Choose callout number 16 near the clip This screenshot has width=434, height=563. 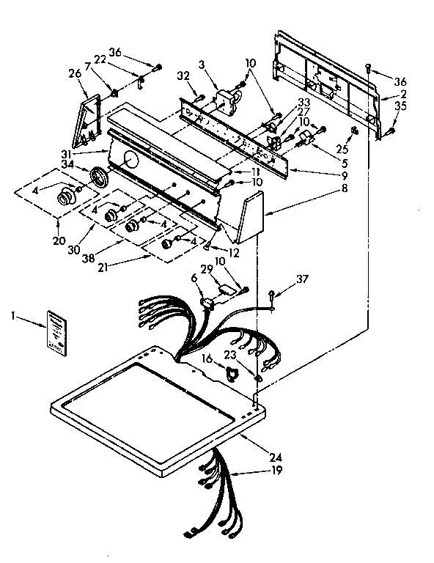[x=207, y=360]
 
